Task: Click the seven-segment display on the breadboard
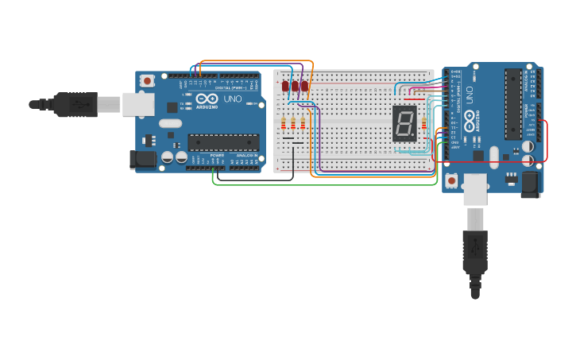coord(404,123)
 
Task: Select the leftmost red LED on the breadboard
coord(285,86)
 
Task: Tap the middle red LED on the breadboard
coord(295,86)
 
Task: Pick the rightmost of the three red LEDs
coord(304,86)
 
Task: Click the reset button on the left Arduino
coord(147,80)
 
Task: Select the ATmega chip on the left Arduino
coord(222,142)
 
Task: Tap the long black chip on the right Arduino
coord(513,103)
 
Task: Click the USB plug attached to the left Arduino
coord(75,104)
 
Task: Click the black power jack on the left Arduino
coord(143,159)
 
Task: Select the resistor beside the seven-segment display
coord(423,123)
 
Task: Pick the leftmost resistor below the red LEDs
coord(284,123)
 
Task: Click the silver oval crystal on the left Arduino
coord(170,123)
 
